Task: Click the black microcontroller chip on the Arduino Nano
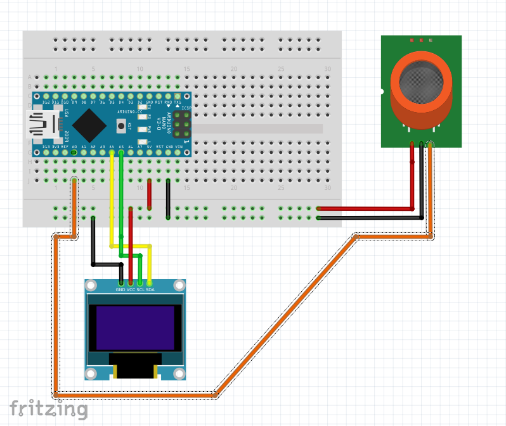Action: (89, 125)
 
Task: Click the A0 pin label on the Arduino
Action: (75, 147)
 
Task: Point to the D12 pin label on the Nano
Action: (46, 102)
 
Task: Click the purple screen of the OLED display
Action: (134, 328)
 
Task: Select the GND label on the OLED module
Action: (120, 290)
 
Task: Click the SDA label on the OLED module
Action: (150, 290)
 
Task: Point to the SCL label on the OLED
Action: (140, 290)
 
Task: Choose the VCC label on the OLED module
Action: (131, 290)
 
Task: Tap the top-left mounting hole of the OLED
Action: (91, 285)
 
